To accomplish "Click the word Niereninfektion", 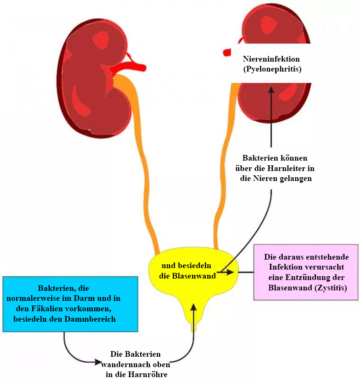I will point(271,60).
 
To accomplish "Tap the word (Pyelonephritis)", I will point(271,69).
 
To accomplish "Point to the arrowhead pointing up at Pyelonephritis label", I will point(271,90).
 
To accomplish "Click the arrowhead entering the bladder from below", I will point(193,308).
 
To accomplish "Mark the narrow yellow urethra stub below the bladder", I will point(193,327).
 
